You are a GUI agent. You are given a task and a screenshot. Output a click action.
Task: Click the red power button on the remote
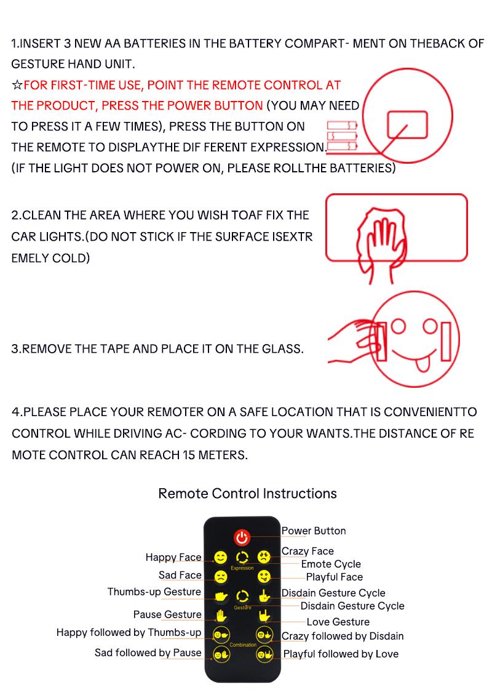(x=242, y=537)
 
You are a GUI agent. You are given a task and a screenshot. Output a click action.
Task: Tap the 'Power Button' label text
(x=314, y=531)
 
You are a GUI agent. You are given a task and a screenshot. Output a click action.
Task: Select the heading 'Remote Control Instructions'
(x=247, y=494)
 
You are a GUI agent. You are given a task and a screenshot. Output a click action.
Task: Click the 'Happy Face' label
(x=173, y=557)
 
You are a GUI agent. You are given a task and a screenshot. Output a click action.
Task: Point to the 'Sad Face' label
(x=180, y=575)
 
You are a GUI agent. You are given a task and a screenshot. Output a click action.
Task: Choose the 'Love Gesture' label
(x=338, y=622)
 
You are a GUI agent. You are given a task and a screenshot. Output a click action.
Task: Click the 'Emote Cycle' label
(x=331, y=564)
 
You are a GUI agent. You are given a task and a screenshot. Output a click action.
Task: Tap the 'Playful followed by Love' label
(x=340, y=654)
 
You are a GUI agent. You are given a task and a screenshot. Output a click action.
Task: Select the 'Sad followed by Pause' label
(x=148, y=653)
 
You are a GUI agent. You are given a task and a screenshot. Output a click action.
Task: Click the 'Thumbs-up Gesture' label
(x=154, y=592)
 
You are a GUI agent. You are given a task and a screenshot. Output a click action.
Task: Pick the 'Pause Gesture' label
(x=167, y=614)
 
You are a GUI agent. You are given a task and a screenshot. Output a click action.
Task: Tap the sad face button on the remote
(x=220, y=577)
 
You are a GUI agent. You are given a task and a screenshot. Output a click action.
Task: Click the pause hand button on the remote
(x=221, y=615)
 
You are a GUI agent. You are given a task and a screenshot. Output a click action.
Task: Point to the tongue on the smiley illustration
(x=422, y=363)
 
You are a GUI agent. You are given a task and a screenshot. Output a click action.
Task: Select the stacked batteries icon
(x=341, y=135)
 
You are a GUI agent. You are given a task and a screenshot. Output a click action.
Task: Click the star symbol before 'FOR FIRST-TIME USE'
(x=17, y=85)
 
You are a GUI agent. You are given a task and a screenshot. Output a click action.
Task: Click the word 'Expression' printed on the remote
(x=242, y=568)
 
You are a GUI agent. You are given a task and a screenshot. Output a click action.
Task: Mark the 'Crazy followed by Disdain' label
(x=343, y=636)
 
